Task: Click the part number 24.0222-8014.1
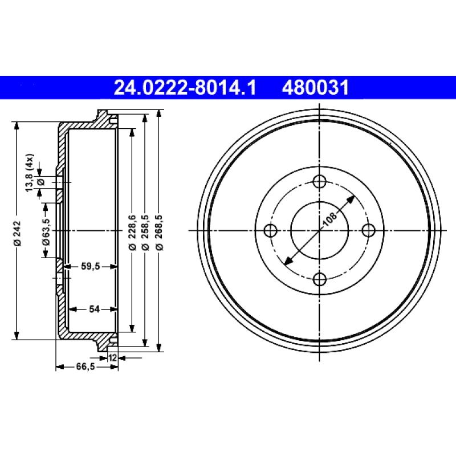185,88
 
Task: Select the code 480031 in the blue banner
314,88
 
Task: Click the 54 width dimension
94,309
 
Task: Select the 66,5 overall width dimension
85,368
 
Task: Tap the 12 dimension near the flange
112,358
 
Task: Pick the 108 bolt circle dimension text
329,218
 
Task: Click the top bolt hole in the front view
319,182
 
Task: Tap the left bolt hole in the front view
271,230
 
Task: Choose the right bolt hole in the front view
368,230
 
